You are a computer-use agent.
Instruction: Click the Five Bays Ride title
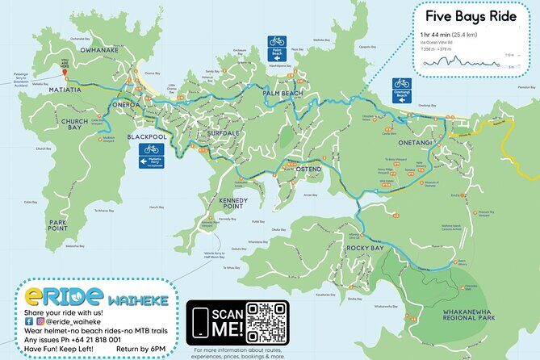point(471,16)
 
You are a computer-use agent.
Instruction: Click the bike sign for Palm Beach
point(277,41)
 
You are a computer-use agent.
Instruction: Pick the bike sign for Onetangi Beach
point(401,83)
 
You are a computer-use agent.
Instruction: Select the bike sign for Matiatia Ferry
point(150,149)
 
